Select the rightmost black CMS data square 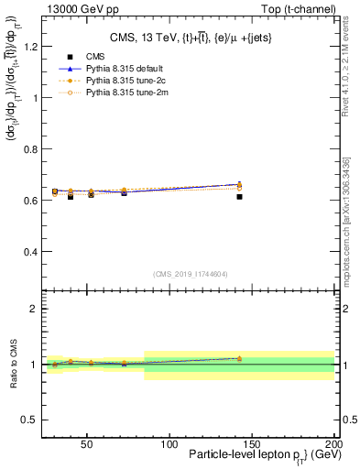coord(239,197)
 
